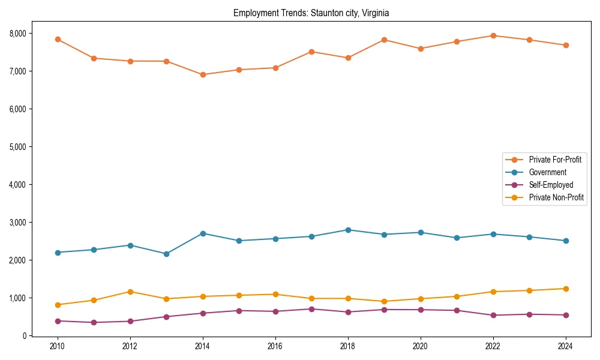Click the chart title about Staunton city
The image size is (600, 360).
(311, 13)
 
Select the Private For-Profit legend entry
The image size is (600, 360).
(555, 160)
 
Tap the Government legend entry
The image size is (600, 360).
(547, 172)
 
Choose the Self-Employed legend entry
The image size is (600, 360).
(551, 185)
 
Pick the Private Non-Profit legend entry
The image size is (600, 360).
(556, 197)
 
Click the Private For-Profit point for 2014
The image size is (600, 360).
(203, 75)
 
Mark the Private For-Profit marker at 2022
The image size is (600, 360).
(493, 35)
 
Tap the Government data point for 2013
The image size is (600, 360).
(166, 254)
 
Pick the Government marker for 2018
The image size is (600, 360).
(348, 230)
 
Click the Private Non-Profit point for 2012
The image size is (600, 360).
(130, 292)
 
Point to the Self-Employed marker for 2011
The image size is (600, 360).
(94, 322)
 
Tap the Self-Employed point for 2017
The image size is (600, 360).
(311, 309)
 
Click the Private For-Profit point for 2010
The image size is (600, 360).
(58, 39)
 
